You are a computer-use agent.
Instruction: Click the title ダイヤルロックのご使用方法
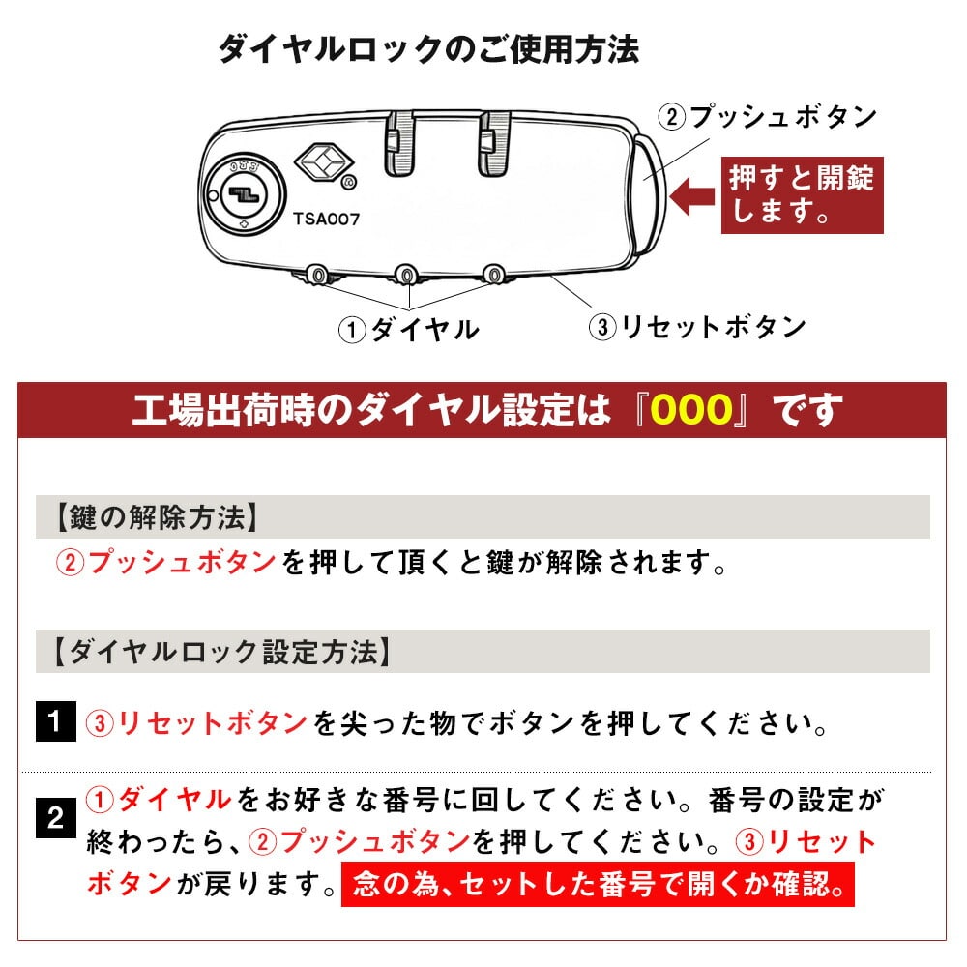[429, 49]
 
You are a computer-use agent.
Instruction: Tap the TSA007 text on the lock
[326, 219]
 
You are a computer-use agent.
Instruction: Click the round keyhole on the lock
[246, 195]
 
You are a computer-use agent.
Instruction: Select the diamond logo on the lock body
[324, 161]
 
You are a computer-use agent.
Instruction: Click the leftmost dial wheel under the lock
[318, 275]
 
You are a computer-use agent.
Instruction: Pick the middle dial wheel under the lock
[406, 275]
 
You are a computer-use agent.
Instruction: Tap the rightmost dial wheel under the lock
[493, 274]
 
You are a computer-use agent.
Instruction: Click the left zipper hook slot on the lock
[399, 143]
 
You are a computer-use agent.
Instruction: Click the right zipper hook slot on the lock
[494, 143]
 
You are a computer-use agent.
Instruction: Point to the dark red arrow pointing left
[692, 197]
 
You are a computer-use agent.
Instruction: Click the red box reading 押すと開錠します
[803, 195]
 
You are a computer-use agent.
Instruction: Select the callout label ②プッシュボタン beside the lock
[767, 117]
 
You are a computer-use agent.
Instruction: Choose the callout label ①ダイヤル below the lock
[409, 329]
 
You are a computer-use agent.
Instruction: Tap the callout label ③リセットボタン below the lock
[697, 326]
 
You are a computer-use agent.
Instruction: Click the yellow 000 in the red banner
[692, 409]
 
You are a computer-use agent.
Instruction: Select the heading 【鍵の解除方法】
[158, 516]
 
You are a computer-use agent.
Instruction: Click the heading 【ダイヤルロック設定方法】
[223, 651]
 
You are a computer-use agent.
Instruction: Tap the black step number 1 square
[55, 721]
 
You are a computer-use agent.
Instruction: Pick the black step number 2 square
[55, 818]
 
